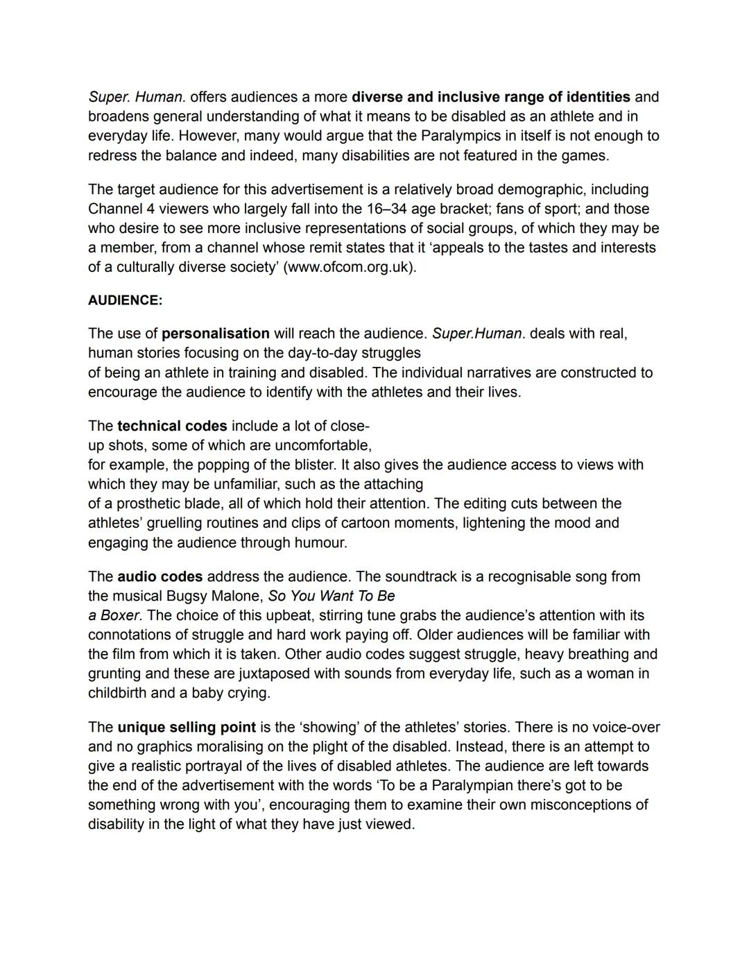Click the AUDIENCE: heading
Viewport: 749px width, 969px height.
pos(125,300)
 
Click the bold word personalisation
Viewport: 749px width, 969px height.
pos(216,334)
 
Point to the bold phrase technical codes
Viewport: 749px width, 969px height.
pos(172,426)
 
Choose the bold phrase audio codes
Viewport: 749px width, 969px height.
pos(160,576)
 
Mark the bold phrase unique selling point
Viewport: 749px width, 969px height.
pos(187,728)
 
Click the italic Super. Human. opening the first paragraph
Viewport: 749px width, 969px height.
pos(137,97)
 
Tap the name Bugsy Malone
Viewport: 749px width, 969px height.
pos(215,596)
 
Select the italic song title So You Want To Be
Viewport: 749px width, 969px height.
pos(332,596)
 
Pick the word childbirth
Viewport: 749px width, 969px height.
pos(117,693)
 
